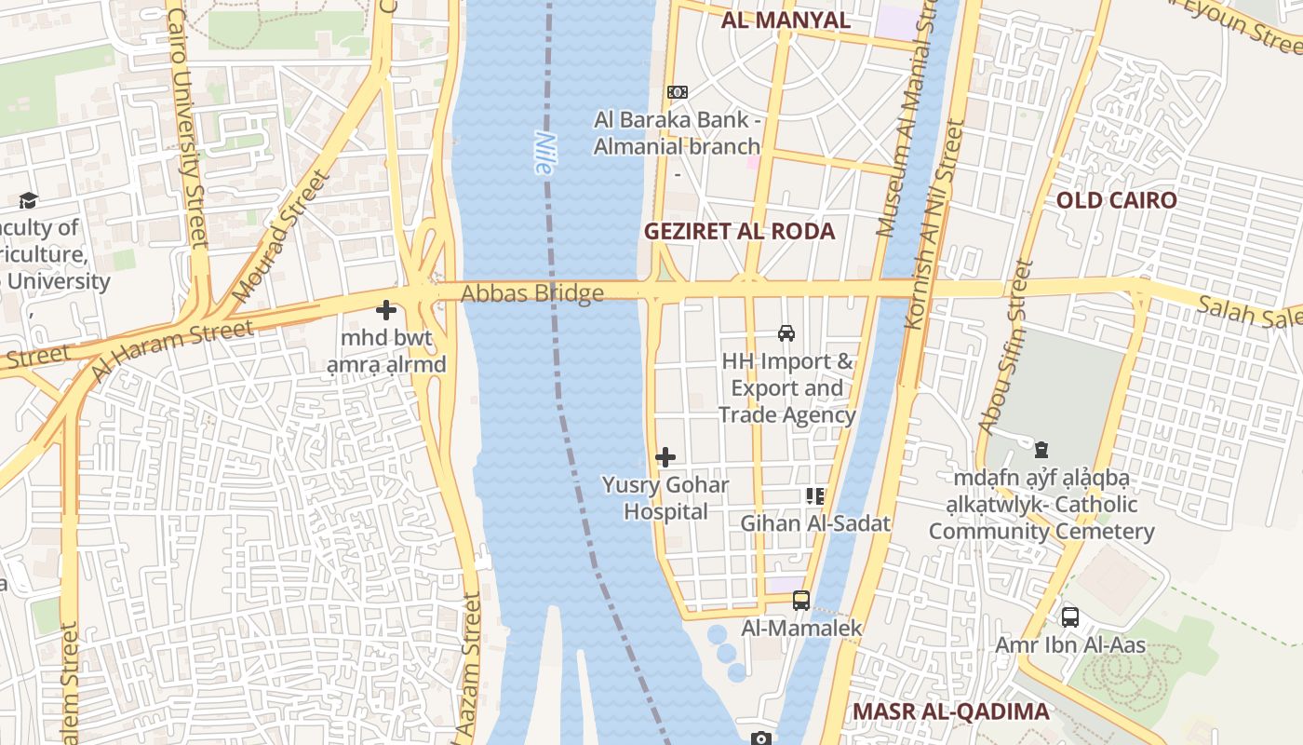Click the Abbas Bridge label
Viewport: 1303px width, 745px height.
coord(532,294)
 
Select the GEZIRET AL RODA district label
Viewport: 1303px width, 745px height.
coord(740,232)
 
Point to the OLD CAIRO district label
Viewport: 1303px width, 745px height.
coord(1116,201)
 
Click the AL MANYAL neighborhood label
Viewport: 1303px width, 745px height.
coord(786,20)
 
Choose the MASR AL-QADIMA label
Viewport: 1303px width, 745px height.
coord(950,711)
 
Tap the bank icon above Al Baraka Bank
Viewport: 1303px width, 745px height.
coord(678,92)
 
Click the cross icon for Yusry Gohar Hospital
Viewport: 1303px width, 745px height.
coord(665,457)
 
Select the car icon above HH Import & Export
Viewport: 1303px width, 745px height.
coord(786,332)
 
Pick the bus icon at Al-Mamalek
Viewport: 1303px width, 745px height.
coord(800,601)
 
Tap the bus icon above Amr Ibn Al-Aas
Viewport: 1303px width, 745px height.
coord(1070,616)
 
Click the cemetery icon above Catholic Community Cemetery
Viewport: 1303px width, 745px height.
coord(1041,450)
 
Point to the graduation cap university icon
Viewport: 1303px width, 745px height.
coord(28,200)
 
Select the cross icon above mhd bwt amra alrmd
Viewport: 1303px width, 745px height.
coord(386,310)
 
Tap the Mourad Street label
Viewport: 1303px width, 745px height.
coord(280,237)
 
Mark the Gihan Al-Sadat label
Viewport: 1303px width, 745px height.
coord(815,523)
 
